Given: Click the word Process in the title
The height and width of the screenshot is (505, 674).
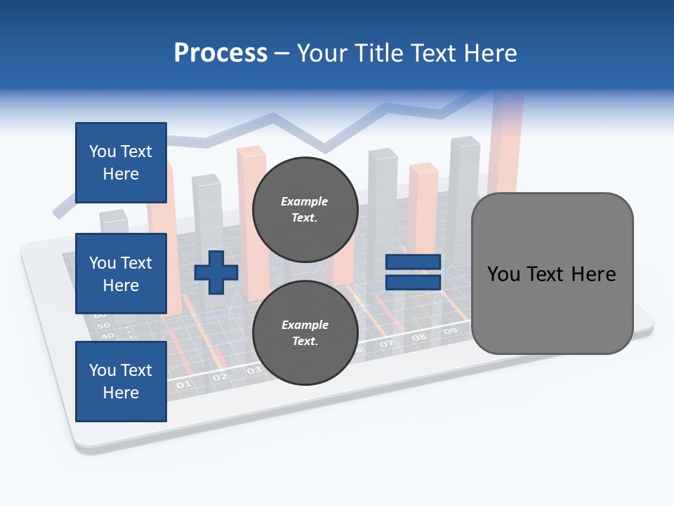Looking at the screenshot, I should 220,53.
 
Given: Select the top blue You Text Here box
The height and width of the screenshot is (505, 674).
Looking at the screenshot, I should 121,163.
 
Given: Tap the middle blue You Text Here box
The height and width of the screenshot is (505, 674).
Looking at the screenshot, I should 121,274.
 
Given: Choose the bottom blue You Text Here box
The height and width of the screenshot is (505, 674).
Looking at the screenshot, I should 121,381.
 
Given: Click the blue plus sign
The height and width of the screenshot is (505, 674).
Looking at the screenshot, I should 216,272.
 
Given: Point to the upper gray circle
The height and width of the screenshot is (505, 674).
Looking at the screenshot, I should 305,209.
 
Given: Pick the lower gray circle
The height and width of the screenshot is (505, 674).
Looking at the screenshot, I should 305,332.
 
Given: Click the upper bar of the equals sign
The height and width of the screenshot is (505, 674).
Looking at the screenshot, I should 413,262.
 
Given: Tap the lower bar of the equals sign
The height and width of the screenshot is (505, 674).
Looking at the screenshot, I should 413,283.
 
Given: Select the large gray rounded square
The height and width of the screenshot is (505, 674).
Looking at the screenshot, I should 552,274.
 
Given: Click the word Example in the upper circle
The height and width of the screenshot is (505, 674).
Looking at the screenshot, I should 304,201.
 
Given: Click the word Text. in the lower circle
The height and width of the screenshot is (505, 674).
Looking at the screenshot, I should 305,341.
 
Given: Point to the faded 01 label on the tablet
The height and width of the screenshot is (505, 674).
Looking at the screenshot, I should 183,384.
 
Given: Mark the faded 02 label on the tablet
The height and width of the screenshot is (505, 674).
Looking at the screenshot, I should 220,377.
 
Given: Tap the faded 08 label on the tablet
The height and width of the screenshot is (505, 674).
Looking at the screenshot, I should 419,337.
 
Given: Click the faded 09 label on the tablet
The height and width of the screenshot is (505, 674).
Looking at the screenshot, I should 451,330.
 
